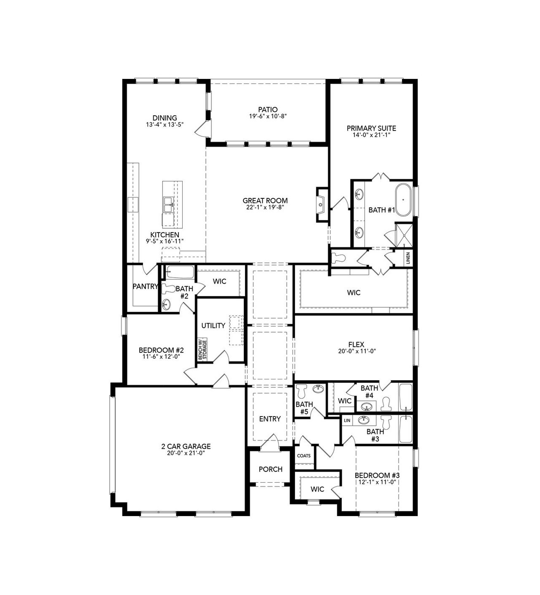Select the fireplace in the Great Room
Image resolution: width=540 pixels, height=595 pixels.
click(321, 205)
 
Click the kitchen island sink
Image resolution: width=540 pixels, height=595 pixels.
click(167, 205)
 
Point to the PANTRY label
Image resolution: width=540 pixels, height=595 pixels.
click(145, 287)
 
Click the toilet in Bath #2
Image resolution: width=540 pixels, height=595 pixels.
click(169, 289)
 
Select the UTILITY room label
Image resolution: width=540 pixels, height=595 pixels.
click(213, 326)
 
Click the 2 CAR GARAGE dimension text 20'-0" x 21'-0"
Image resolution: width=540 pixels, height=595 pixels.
click(186, 453)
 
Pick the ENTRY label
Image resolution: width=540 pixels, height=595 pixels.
click(270, 419)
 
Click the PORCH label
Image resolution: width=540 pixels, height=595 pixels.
click(270, 469)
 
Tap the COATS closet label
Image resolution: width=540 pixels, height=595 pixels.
click(304, 456)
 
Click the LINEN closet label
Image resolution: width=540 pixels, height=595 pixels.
click(408, 258)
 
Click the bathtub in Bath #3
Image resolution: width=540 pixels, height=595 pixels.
click(405, 429)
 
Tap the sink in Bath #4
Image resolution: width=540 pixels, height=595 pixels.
click(366, 407)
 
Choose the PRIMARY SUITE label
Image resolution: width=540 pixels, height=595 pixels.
click(371, 128)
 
